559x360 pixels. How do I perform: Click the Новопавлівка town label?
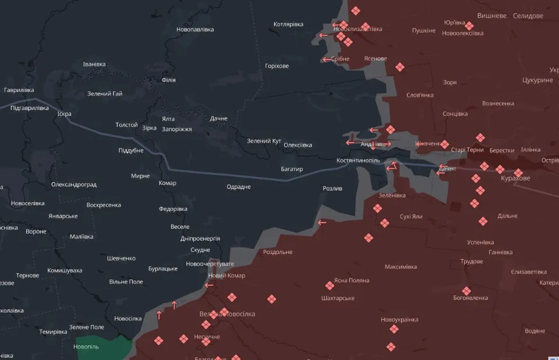(x=195, y=30)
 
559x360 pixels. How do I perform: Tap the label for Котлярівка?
(x=288, y=24)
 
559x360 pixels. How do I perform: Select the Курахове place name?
(x=515, y=178)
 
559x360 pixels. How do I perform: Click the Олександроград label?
(x=74, y=185)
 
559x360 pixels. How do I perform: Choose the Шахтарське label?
(x=338, y=298)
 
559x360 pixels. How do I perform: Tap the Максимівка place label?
(x=401, y=267)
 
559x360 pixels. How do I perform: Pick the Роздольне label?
(x=278, y=252)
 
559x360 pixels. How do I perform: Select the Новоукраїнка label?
(x=399, y=320)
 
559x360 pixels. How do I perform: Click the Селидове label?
(x=528, y=16)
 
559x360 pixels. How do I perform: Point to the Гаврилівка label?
(x=19, y=90)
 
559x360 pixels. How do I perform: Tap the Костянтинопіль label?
(x=358, y=160)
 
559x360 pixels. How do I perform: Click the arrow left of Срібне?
(x=326, y=59)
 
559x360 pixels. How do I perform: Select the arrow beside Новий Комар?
(x=209, y=285)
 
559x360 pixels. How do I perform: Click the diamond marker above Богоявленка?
(x=466, y=290)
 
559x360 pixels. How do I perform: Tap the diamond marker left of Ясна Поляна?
(x=330, y=285)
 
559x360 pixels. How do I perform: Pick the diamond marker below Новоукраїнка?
(x=394, y=329)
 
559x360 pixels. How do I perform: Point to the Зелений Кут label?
(x=264, y=141)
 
